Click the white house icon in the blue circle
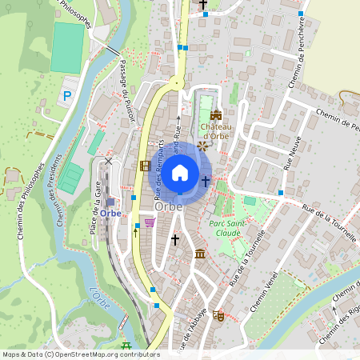click(180, 172)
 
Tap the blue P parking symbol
click(67, 97)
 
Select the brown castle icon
click(215, 114)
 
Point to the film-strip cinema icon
click(145, 166)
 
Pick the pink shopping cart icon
click(149, 222)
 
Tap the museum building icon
click(199, 254)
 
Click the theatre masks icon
click(218, 315)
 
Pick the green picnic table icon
click(126, 346)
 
